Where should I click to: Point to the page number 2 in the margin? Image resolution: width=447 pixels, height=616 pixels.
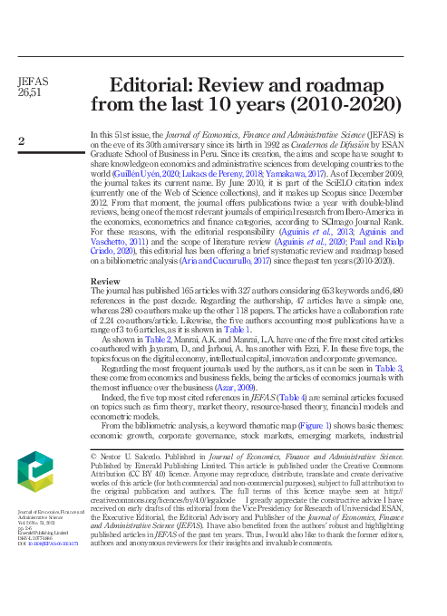(22, 140)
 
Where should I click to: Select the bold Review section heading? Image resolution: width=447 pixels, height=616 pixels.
(105, 282)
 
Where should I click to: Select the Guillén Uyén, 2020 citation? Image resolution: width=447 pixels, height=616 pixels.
(145, 171)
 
